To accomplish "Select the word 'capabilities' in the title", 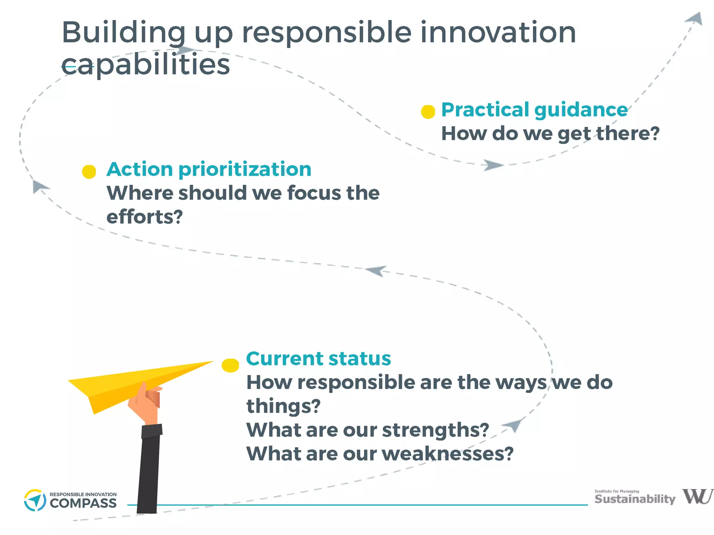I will (x=146, y=65).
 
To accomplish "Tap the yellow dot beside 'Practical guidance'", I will (x=428, y=112).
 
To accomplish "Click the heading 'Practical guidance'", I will (x=534, y=110).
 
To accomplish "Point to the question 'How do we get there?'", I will (x=550, y=134).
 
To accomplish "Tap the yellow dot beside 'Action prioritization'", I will (x=89, y=172).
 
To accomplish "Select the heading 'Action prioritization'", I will (x=208, y=170).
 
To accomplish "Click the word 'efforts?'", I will (x=144, y=217).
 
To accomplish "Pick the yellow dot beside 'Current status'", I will (x=230, y=365).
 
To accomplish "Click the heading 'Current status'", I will (x=318, y=359).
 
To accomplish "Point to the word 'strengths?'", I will (x=435, y=430).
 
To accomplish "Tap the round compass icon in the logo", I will (x=35, y=501).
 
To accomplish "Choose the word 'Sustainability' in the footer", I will (x=635, y=499).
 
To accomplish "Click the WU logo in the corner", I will (x=697, y=496).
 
